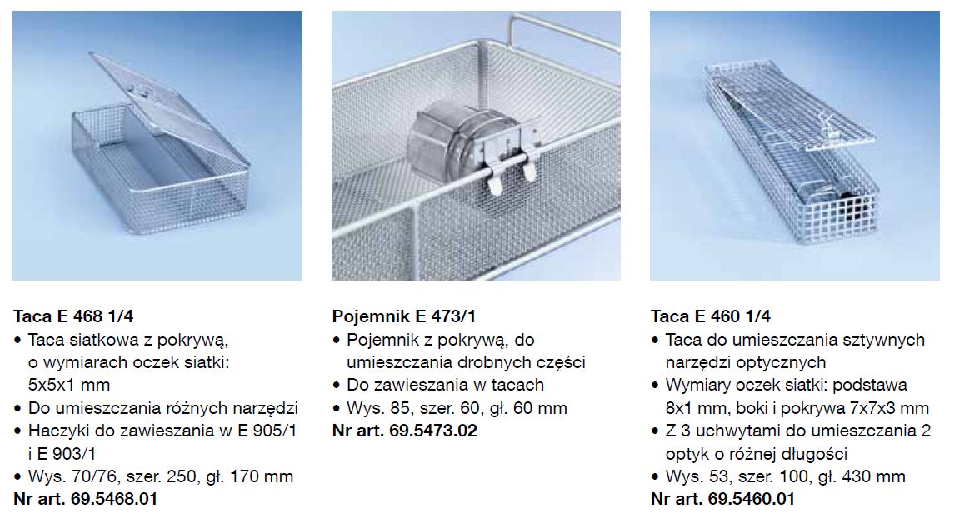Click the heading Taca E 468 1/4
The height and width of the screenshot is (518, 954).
click(x=73, y=316)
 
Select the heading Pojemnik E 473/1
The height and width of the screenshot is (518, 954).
click(x=404, y=316)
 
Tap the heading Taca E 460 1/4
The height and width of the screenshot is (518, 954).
click(x=710, y=316)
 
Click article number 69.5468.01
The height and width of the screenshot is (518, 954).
click(x=114, y=499)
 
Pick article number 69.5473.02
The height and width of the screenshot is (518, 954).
click(x=433, y=431)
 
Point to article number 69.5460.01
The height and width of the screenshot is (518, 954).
click(x=751, y=499)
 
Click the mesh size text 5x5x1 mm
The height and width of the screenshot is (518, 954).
click(x=69, y=385)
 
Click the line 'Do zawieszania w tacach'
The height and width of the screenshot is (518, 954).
click(x=446, y=385)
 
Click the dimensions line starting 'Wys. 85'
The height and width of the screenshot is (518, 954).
click(x=457, y=408)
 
